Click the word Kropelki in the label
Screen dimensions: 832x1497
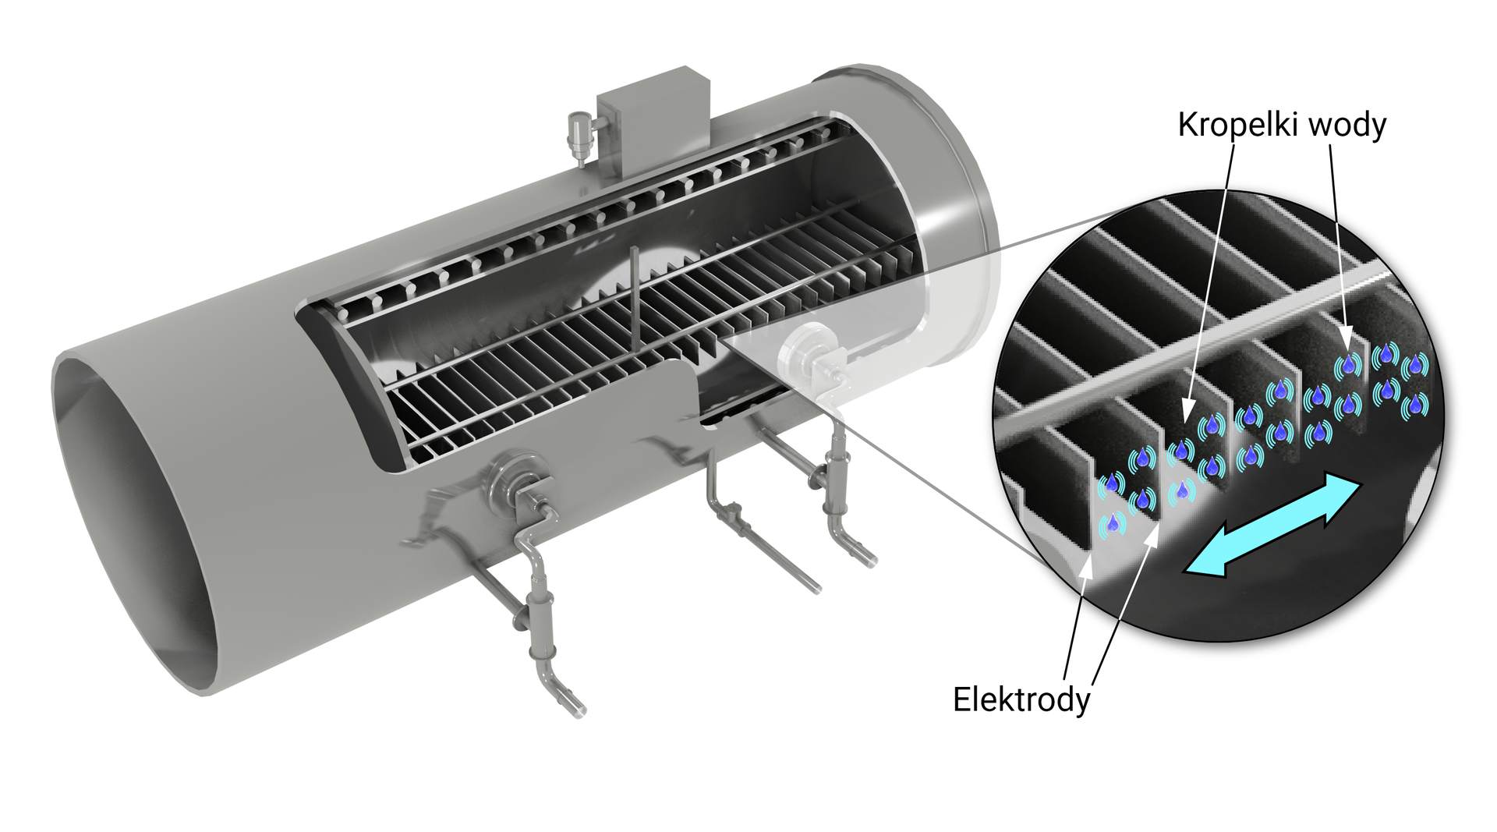[x=1237, y=125]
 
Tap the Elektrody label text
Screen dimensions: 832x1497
[x=1021, y=699]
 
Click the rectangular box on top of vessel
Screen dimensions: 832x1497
[x=653, y=117]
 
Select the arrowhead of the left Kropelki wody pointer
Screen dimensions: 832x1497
[x=1187, y=411]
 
